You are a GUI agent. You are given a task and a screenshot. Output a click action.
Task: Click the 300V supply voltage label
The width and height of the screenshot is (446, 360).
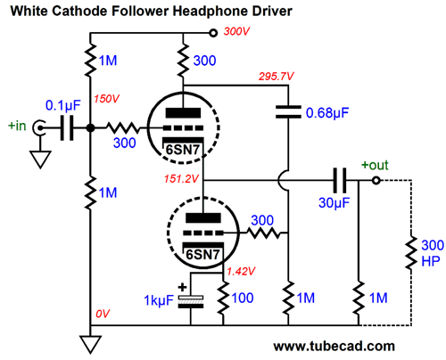[236, 31]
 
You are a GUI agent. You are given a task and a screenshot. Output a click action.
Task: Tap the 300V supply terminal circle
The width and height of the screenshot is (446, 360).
[213, 33]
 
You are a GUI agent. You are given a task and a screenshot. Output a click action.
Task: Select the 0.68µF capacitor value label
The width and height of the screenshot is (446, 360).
[327, 113]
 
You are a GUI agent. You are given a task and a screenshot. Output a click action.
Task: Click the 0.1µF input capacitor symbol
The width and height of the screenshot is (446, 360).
[67, 128]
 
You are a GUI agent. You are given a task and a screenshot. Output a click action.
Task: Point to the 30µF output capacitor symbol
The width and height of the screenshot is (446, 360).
[340, 180]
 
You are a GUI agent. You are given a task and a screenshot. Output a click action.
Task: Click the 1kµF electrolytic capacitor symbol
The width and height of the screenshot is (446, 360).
[191, 301]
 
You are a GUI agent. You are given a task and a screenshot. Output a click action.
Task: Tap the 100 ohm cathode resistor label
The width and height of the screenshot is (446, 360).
[243, 298]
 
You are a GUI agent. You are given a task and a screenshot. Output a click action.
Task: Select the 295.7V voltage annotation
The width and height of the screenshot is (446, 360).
[276, 77]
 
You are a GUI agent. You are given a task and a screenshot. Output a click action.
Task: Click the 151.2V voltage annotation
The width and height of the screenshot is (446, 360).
[181, 179]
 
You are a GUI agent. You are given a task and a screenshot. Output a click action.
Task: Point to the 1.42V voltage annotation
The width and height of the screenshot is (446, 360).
[241, 271]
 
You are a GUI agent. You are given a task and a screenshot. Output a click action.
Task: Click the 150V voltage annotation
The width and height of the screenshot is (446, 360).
[106, 99]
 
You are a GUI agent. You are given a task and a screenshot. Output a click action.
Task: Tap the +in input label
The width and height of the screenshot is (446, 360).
[17, 126]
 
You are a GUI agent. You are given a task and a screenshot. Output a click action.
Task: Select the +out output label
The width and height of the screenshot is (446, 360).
[375, 165]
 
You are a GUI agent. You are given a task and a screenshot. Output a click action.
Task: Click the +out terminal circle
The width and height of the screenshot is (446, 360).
[376, 180]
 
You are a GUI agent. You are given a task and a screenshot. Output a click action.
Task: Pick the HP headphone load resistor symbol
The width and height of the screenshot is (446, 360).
[411, 253]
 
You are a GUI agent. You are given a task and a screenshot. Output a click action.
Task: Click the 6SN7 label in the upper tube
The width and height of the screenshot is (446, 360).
[182, 150]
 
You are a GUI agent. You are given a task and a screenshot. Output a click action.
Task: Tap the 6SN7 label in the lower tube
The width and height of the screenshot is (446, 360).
[202, 255]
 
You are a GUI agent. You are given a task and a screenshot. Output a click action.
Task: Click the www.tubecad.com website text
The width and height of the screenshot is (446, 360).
[334, 347]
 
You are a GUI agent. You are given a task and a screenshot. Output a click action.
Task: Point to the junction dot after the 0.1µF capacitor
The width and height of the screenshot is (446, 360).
[90, 128]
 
